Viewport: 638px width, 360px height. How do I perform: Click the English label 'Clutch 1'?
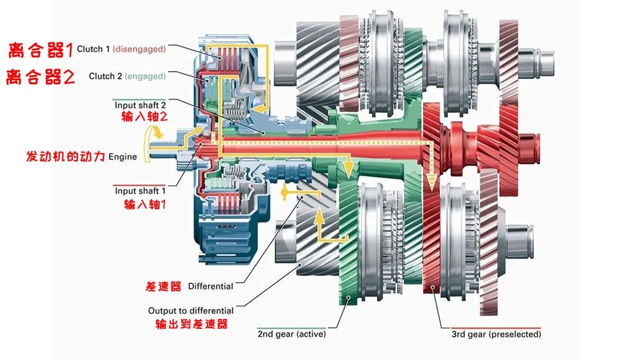tap(93, 49)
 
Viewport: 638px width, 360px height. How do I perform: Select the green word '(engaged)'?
tap(145, 76)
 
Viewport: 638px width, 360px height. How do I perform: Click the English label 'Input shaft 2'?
tap(140, 105)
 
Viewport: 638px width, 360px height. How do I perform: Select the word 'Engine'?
tap(122, 157)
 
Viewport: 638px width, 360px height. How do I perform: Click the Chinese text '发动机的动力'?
tap(65, 156)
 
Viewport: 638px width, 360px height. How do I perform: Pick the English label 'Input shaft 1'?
tap(140, 191)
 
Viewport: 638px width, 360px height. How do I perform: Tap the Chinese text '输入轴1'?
tap(140, 204)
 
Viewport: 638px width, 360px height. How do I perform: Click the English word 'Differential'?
tap(210, 287)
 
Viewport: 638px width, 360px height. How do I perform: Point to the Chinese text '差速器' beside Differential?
tap(163, 287)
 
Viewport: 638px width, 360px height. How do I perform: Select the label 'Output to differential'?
tap(191, 310)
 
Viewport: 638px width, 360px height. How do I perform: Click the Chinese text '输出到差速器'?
tap(191, 324)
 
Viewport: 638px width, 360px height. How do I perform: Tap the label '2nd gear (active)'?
tap(292, 334)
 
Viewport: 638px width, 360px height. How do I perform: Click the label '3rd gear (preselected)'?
tap(496, 334)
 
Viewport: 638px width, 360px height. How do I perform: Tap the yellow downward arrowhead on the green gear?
tap(349, 169)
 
